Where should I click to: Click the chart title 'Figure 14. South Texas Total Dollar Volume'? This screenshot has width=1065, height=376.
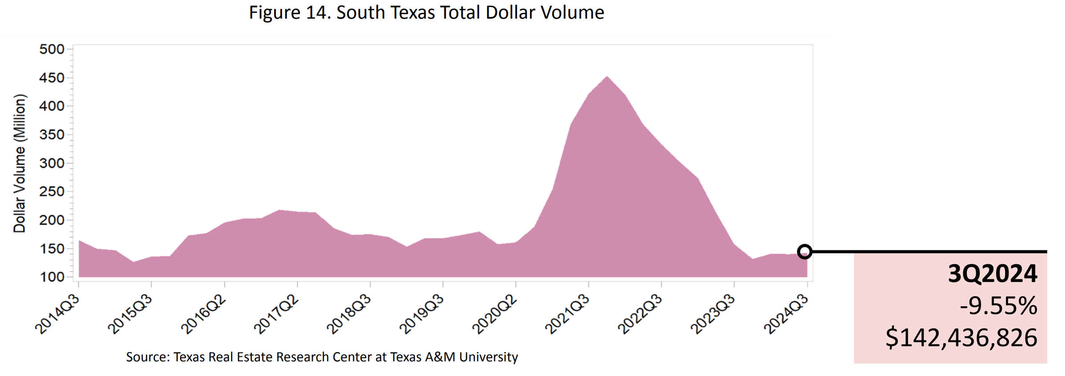click(x=426, y=12)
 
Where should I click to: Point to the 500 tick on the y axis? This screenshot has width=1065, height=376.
click(x=52, y=49)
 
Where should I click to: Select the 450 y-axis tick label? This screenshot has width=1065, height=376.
click(x=52, y=78)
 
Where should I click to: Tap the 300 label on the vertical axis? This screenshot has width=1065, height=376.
click(x=52, y=163)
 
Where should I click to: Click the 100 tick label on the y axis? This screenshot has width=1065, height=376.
click(x=52, y=277)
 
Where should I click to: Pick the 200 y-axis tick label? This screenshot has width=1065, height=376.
click(x=52, y=220)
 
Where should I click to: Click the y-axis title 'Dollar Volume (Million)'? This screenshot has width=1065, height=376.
click(x=20, y=163)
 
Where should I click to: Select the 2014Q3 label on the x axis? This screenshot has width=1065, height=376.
click(x=58, y=314)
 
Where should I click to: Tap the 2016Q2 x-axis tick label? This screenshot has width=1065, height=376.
click(x=203, y=314)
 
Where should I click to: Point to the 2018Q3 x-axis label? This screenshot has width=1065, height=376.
click(x=349, y=314)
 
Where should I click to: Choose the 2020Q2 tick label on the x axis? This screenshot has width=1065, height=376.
click(x=495, y=314)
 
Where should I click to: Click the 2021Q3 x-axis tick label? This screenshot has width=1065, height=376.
click(x=568, y=314)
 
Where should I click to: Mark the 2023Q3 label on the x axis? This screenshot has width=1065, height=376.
click(x=713, y=314)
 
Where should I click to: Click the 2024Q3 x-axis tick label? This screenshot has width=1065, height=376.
click(x=786, y=314)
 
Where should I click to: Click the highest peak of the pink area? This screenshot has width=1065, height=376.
click(x=607, y=77)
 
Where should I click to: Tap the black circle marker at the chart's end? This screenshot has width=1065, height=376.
click(x=805, y=252)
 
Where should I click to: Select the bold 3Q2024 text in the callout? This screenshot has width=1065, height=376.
click(x=992, y=273)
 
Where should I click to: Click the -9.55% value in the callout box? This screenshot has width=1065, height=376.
click(x=998, y=306)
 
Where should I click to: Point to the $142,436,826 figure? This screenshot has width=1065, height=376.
click(x=961, y=338)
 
